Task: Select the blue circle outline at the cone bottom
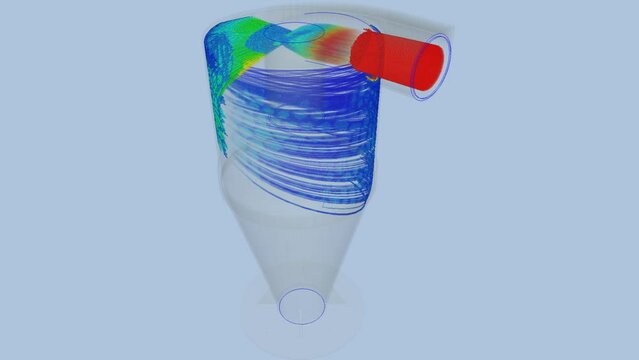(x=301, y=306)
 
